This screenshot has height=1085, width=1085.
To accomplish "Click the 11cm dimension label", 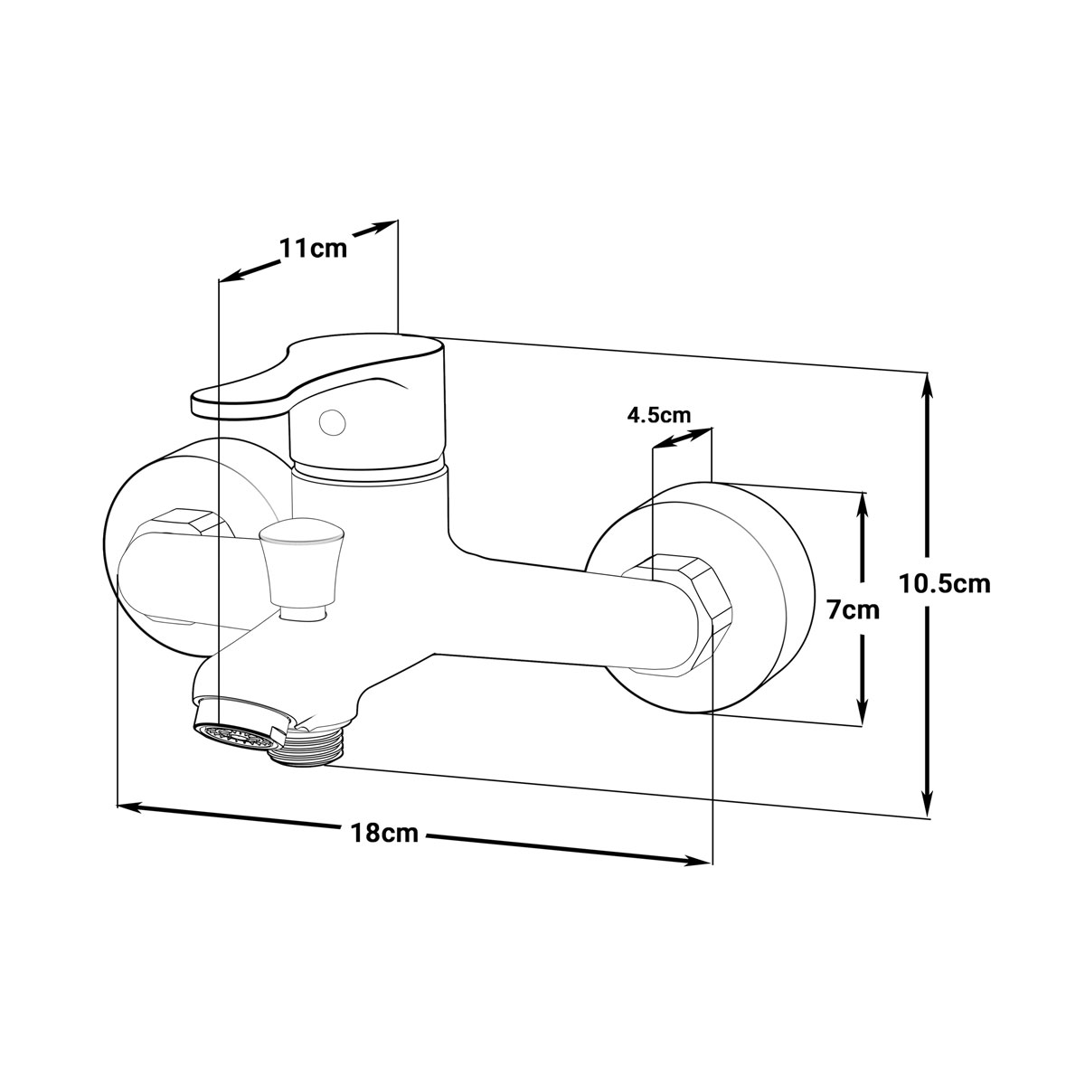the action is [x=314, y=248].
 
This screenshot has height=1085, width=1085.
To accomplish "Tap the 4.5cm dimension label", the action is [x=659, y=415].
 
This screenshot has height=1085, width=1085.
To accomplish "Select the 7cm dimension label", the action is [x=853, y=609].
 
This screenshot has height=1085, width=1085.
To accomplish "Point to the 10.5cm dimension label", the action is [x=944, y=584].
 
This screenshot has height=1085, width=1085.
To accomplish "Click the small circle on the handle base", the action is [x=332, y=422].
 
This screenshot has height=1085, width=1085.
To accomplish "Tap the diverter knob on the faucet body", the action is [x=301, y=569].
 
